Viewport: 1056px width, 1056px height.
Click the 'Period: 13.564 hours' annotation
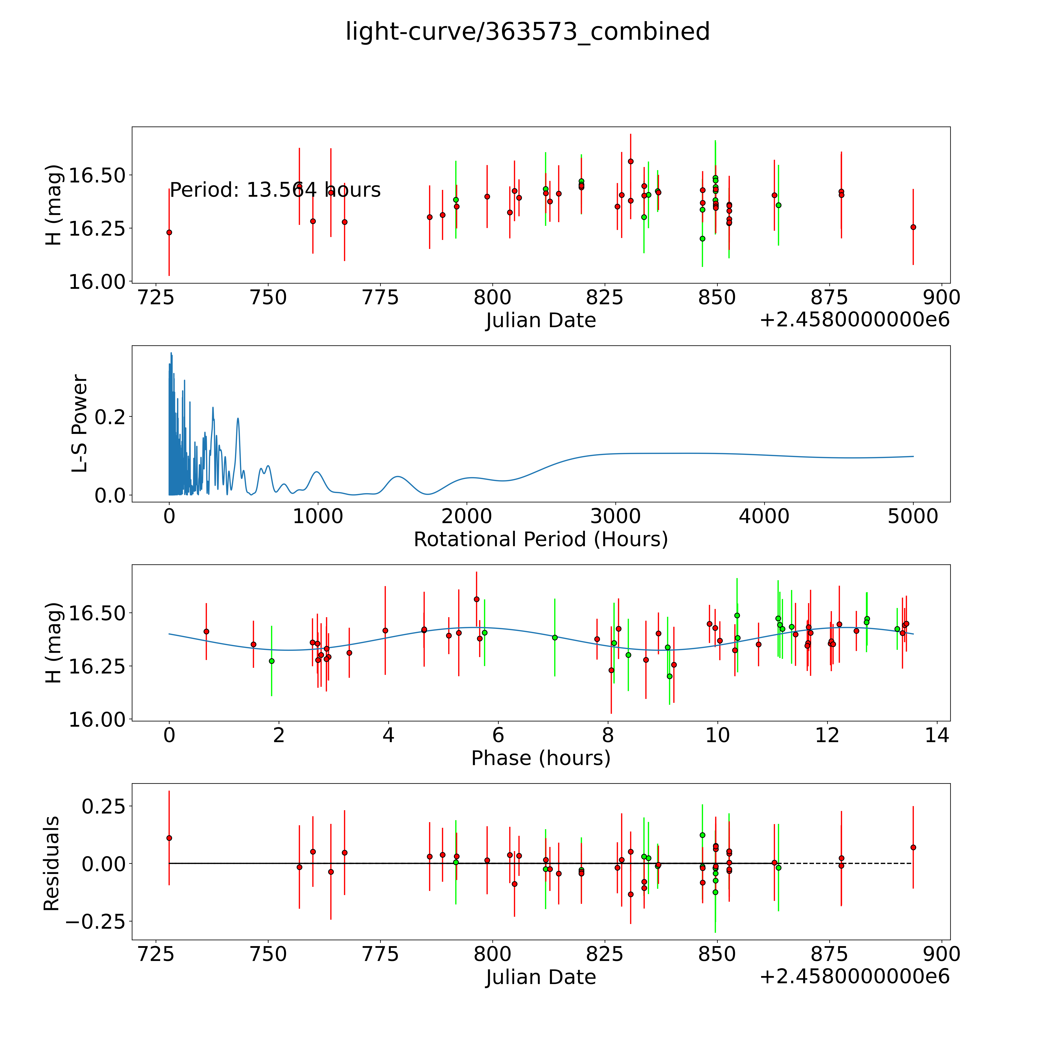[275, 190]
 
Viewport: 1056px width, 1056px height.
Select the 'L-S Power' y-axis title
[80, 424]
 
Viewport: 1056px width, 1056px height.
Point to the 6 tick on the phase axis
[498, 735]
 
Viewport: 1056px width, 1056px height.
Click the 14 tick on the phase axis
[937, 735]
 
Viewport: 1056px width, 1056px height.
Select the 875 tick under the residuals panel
[829, 954]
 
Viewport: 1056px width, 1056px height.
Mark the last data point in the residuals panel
[913, 847]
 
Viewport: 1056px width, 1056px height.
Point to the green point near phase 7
[555, 637]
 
